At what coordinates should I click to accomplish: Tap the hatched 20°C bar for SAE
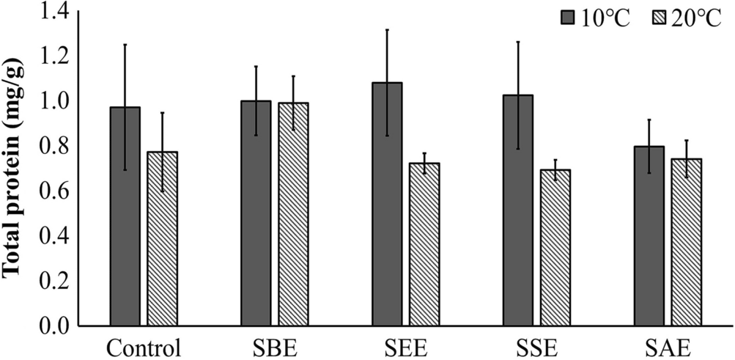[x=686, y=242]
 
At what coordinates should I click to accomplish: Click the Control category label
[x=143, y=345]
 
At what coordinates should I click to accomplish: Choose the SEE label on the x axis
[x=405, y=345]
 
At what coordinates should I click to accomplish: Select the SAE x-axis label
[x=668, y=345]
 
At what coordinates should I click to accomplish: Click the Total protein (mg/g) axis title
[x=15, y=168]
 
